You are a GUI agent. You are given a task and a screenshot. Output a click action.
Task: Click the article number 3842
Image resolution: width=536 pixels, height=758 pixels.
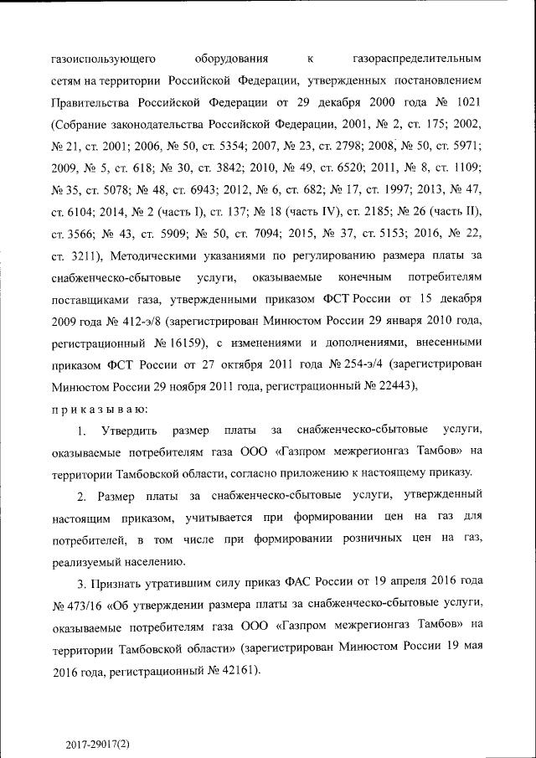(x=237, y=168)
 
